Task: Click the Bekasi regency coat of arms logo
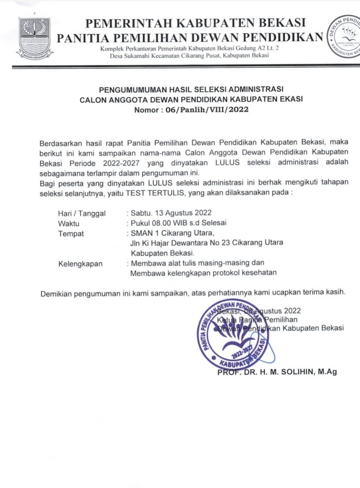click(35, 39)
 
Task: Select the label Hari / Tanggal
click(82, 213)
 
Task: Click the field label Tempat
click(71, 234)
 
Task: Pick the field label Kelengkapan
click(80, 264)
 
